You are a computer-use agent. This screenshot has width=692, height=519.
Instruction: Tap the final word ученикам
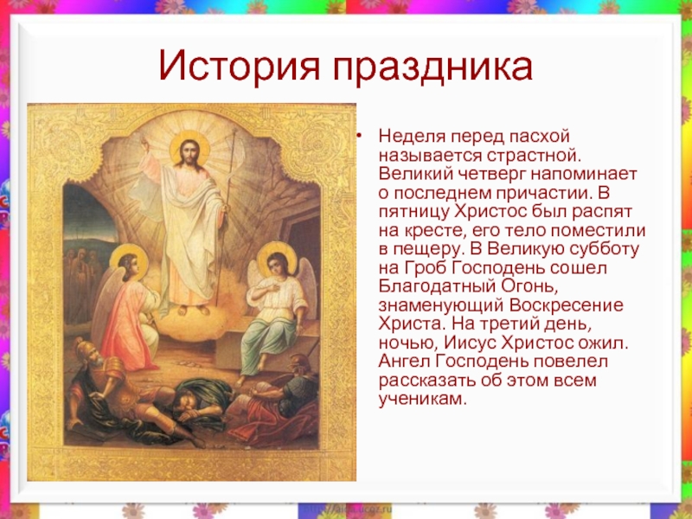click(422, 400)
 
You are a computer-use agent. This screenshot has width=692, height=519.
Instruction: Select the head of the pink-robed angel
click(128, 266)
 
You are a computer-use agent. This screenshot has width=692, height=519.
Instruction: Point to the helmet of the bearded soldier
click(85, 350)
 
